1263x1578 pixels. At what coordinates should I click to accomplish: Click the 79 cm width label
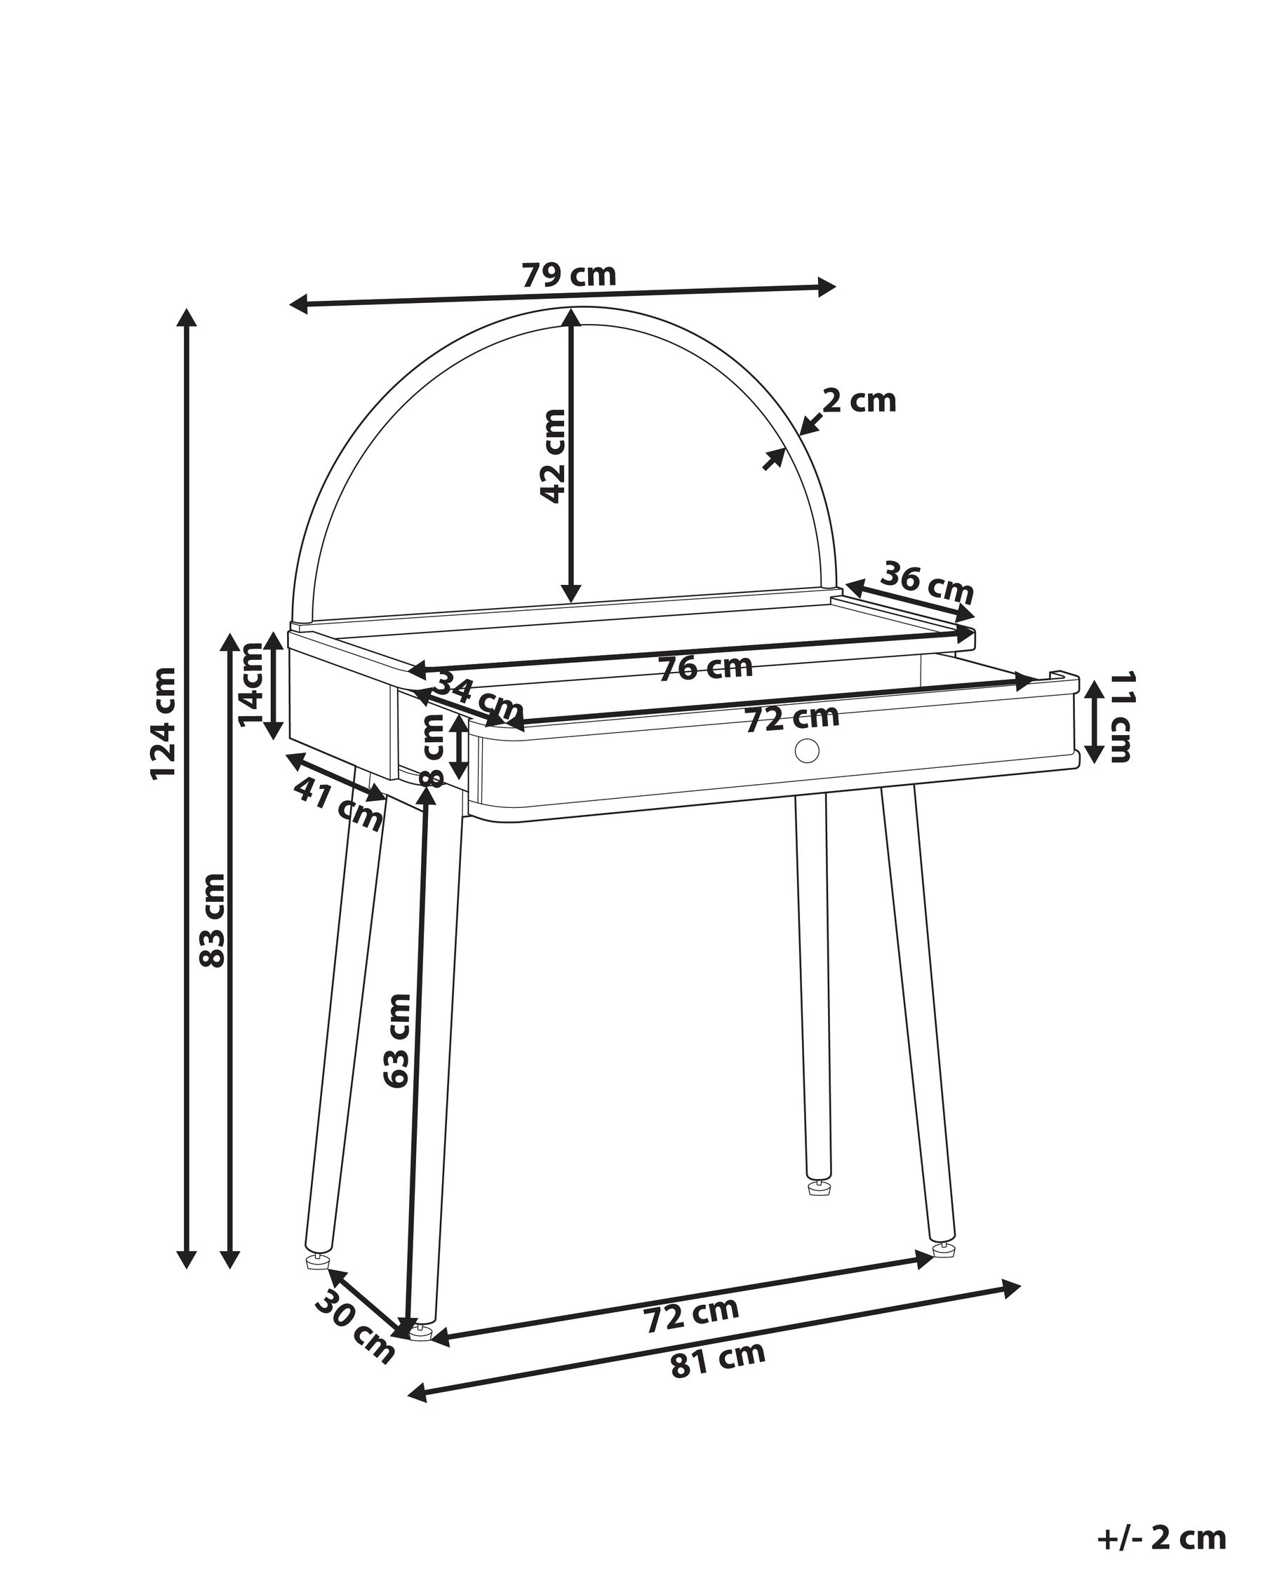tap(568, 275)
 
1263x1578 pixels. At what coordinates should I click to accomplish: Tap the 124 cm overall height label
tap(163, 723)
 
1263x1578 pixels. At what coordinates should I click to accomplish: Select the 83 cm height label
tap(213, 920)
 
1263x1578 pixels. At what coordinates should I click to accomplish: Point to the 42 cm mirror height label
tap(553, 455)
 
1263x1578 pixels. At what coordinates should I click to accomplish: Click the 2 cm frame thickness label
tap(859, 401)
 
